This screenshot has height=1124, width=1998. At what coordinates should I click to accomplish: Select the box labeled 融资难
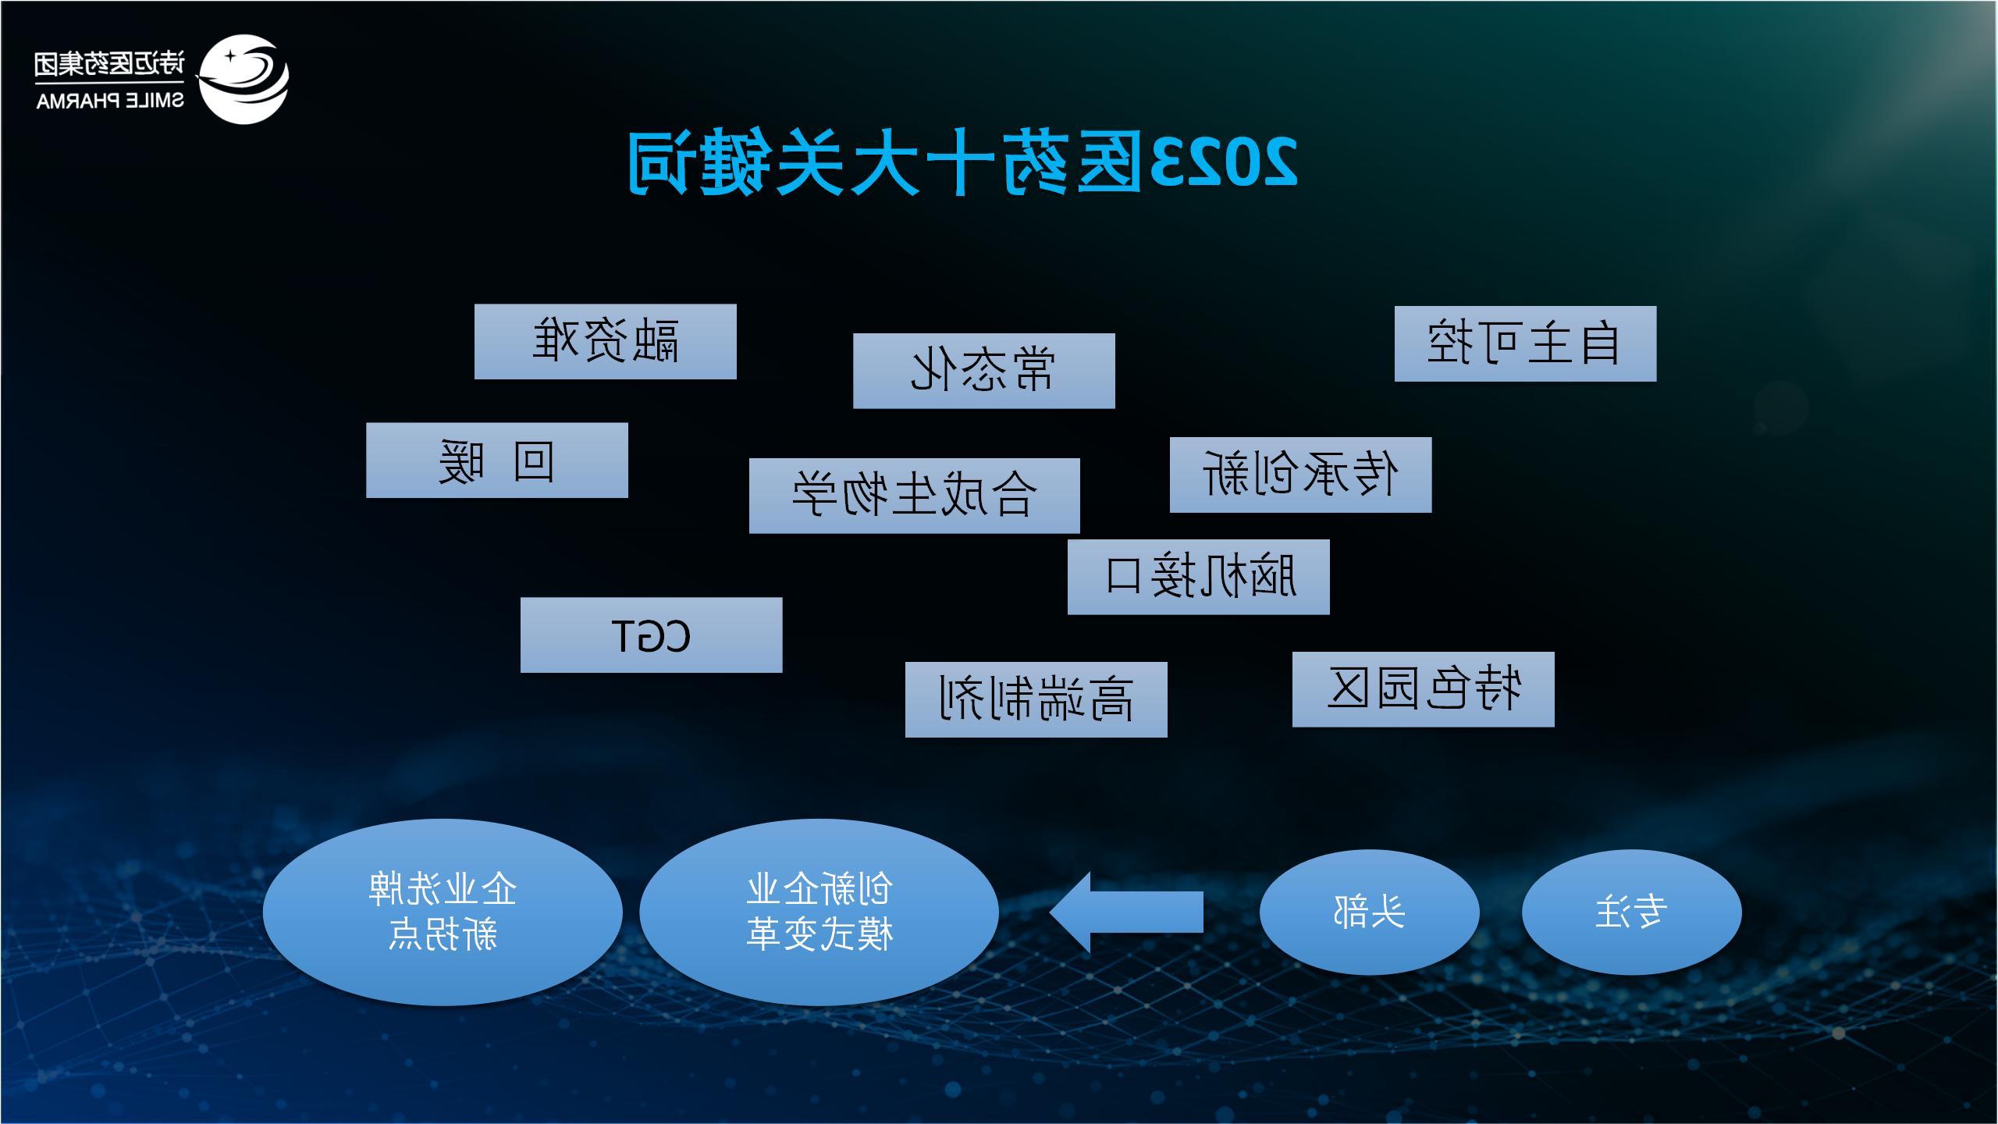(606, 342)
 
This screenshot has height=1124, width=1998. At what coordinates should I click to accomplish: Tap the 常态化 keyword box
(983, 371)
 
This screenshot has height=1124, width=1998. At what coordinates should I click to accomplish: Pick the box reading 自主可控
(1525, 343)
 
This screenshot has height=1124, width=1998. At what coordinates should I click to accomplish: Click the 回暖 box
(497, 461)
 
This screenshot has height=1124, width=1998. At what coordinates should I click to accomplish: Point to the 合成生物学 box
(915, 496)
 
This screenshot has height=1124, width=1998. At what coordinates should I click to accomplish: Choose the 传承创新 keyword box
(1300, 475)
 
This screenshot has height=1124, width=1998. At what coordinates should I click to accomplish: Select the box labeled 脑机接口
(1199, 577)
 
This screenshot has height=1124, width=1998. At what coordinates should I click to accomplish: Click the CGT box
(652, 635)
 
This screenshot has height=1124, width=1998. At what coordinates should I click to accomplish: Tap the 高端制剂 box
(1036, 699)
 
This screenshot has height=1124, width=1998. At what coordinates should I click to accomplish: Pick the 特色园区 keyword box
(1424, 689)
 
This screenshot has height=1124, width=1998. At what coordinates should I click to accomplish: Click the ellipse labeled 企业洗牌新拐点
(443, 912)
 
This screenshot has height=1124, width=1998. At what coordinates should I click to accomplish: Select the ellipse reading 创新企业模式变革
(819, 912)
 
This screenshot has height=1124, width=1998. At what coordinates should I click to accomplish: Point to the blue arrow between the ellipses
(1126, 912)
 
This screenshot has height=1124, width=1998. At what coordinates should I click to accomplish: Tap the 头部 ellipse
(1370, 912)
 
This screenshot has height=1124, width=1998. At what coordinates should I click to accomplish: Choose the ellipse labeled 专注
(1632, 912)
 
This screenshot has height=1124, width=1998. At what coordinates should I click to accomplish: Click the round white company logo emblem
(243, 79)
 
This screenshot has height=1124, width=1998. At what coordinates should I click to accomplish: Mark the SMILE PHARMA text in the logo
(110, 101)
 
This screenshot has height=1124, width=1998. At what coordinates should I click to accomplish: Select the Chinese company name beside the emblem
(110, 64)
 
